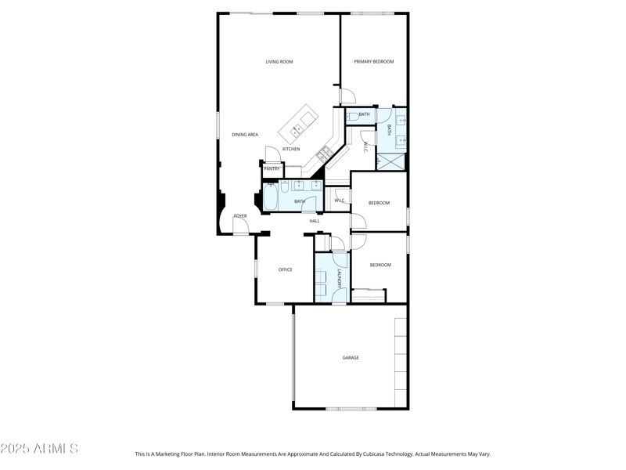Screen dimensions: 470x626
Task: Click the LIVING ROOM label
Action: click(279, 62)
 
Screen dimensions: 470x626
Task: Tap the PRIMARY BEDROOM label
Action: click(373, 62)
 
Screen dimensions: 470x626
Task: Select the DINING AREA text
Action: click(245, 135)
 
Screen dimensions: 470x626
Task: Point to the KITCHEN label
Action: click(291, 149)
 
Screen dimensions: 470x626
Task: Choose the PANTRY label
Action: click(272, 168)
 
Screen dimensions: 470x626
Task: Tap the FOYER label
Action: click(240, 216)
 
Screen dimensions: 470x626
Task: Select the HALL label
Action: click(315, 221)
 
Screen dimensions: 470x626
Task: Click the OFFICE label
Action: click(286, 269)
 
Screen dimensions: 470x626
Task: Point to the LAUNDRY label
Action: click(339, 279)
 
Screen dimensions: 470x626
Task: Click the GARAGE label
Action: click(351, 358)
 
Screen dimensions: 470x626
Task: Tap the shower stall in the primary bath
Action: click(391, 160)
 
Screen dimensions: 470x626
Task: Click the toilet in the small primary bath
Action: click(350, 114)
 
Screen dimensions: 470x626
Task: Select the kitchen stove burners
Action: click(323, 152)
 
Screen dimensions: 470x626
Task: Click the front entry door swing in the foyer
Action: click(241, 227)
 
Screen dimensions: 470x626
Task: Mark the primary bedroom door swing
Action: click(348, 96)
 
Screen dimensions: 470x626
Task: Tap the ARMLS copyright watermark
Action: click(39, 449)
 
